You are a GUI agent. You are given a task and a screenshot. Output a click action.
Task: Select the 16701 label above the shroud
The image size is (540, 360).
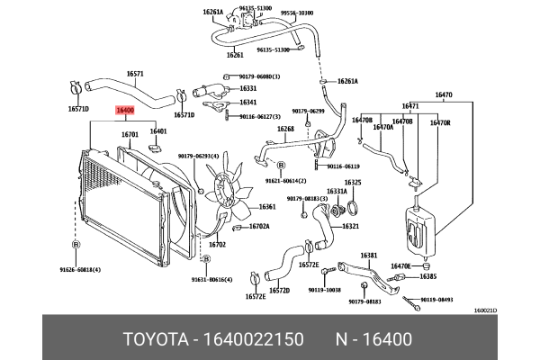click(x=130, y=135)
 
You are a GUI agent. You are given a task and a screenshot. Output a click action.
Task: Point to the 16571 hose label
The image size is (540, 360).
click(x=135, y=75)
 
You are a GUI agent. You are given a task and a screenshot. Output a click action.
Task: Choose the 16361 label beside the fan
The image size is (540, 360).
click(x=267, y=207)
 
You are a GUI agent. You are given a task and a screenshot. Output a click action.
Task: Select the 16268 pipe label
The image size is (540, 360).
click(x=285, y=129)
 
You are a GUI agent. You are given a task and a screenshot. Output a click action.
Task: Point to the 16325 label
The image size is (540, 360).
click(x=353, y=183)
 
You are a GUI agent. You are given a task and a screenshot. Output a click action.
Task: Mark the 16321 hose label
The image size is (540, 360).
click(x=350, y=226)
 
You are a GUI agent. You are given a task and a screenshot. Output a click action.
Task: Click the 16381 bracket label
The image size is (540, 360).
click(x=368, y=256)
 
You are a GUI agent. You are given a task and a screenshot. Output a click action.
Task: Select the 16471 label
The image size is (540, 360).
click(x=408, y=105)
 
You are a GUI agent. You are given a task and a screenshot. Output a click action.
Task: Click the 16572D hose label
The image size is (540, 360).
click(x=280, y=291)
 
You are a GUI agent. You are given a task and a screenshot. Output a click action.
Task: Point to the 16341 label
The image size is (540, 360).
click(x=247, y=103)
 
